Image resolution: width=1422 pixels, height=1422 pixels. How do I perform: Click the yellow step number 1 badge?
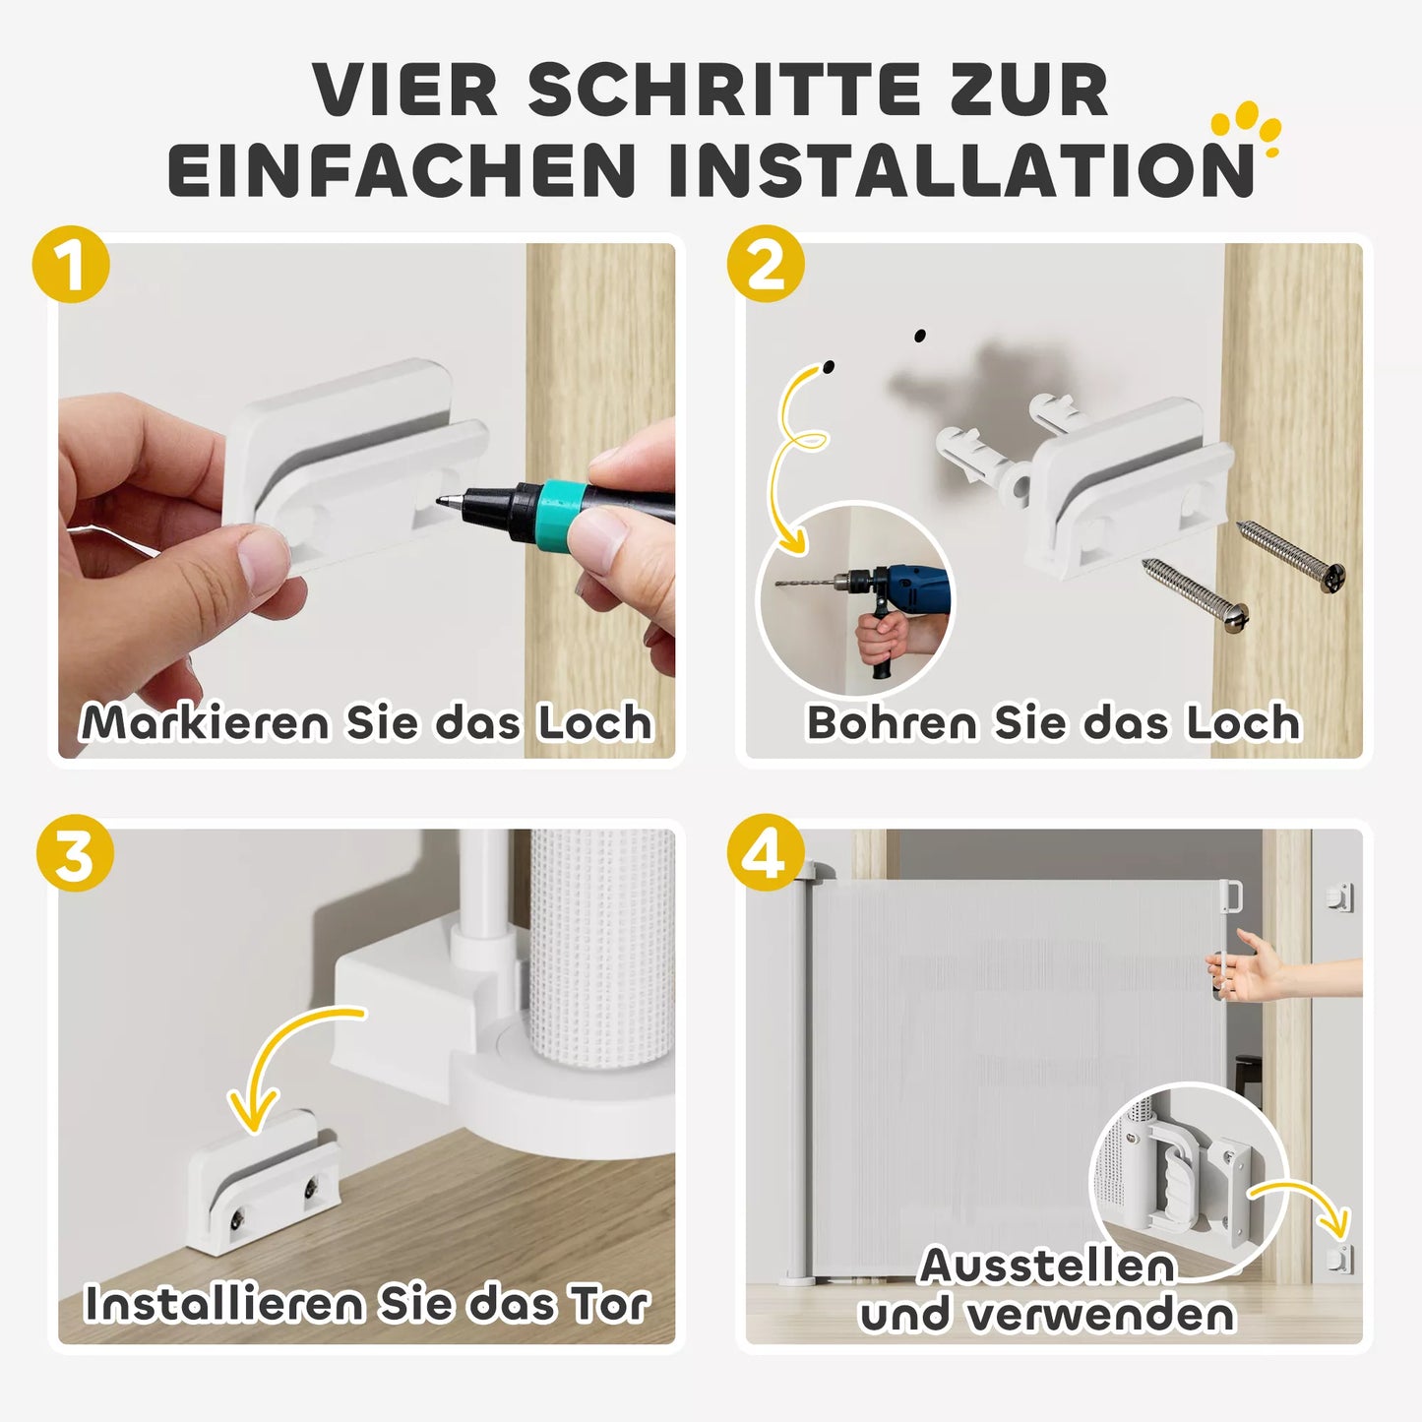click(x=71, y=264)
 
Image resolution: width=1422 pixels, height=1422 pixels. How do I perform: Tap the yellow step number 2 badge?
click(x=766, y=264)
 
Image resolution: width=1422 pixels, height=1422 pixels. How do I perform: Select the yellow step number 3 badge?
click(x=75, y=853)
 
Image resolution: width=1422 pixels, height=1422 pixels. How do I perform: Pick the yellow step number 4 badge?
click(x=766, y=853)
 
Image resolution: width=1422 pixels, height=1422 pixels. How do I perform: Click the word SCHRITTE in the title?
click(x=721, y=90)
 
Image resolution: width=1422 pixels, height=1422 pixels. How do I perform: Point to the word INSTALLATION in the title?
click(x=960, y=169)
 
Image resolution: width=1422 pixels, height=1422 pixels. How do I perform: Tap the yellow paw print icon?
click(x=1247, y=128)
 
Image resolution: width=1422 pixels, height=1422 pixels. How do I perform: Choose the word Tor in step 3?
click(x=609, y=1304)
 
